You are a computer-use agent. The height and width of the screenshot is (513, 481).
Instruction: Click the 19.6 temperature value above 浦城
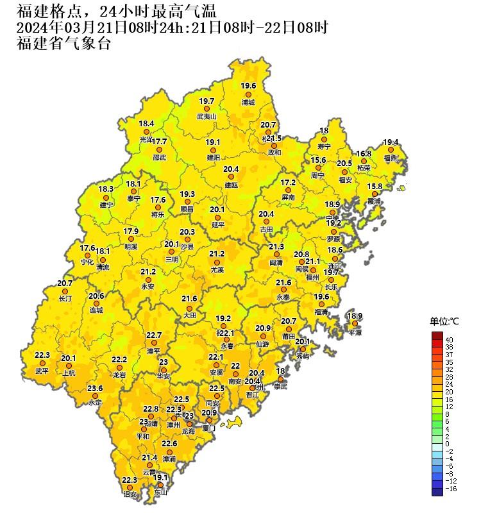click(248, 86)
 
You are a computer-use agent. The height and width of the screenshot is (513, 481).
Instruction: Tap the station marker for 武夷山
click(207, 110)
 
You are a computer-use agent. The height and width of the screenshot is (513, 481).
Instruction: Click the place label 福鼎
click(391, 158)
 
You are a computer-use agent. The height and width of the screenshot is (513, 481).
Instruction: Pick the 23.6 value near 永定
click(95, 388)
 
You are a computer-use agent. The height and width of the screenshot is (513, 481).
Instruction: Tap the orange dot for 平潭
click(355, 324)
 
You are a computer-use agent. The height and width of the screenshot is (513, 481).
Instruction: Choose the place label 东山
click(160, 492)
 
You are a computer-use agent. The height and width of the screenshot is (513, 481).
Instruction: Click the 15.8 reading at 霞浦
click(375, 186)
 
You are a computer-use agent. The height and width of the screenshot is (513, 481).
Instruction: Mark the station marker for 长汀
click(65, 291)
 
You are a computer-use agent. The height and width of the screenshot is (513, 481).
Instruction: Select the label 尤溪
click(217, 271)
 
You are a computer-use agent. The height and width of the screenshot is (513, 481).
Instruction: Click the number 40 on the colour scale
click(449, 339)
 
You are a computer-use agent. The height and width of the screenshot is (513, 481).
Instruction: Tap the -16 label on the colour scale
click(451, 488)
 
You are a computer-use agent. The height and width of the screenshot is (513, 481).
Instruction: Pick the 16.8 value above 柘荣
click(364, 154)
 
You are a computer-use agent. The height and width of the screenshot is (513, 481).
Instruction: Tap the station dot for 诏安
click(130, 487)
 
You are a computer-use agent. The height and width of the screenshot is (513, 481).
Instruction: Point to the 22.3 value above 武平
click(42, 355)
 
